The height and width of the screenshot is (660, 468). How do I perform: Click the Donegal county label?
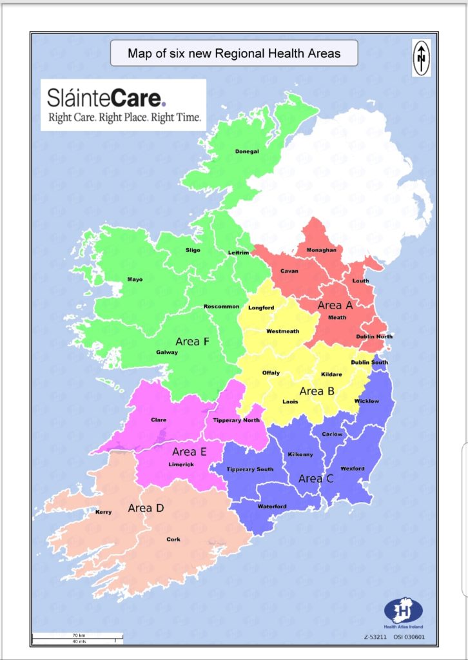click(x=247, y=151)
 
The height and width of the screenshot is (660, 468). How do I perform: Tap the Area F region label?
click(x=192, y=342)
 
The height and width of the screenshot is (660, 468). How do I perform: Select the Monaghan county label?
click(x=321, y=249)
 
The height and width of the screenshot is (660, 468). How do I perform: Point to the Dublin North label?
click(x=374, y=336)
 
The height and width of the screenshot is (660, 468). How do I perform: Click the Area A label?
click(x=335, y=305)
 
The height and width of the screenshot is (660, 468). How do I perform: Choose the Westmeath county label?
click(x=283, y=331)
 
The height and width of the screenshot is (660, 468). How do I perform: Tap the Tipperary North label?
click(x=236, y=420)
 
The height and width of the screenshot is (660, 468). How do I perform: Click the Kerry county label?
click(x=103, y=512)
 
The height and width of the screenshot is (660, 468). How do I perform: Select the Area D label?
click(x=146, y=508)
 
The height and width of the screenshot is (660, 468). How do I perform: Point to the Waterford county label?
click(x=272, y=506)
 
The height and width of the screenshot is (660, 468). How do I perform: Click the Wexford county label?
click(x=352, y=469)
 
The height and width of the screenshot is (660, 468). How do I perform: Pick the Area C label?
click(x=316, y=479)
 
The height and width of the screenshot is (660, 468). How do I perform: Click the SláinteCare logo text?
click(x=106, y=98)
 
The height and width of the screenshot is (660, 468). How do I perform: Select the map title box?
click(x=233, y=53)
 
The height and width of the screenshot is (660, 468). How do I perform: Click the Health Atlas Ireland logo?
click(x=404, y=612)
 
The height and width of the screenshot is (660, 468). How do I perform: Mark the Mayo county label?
click(x=135, y=280)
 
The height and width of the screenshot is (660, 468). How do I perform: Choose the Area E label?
click(x=189, y=451)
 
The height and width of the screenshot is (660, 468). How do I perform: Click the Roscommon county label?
click(x=221, y=306)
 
